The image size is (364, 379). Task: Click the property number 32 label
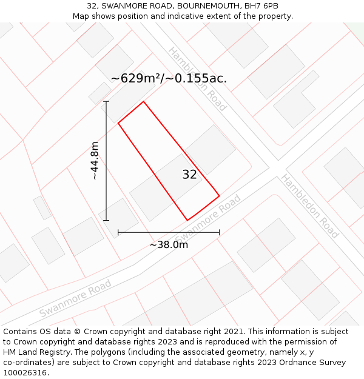point(189,175)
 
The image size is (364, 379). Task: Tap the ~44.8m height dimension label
point(95,161)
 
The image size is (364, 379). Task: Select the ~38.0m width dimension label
point(169,244)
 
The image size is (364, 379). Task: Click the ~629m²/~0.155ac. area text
point(169,78)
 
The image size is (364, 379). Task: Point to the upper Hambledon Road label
point(197,79)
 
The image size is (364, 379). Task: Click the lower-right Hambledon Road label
point(309,206)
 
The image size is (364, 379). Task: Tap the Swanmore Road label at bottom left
point(75,298)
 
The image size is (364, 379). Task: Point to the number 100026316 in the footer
point(24,373)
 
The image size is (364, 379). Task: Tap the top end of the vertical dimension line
point(106,101)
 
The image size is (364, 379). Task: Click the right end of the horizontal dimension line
point(219,232)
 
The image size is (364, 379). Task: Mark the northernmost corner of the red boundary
point(143,101)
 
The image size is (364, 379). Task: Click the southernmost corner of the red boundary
point(187,220)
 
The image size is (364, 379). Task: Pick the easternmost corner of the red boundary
point(219,195)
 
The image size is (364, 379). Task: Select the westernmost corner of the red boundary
point(118,123)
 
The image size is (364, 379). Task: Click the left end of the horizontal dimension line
point(118,232)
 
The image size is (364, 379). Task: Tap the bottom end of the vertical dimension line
point(106,220)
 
